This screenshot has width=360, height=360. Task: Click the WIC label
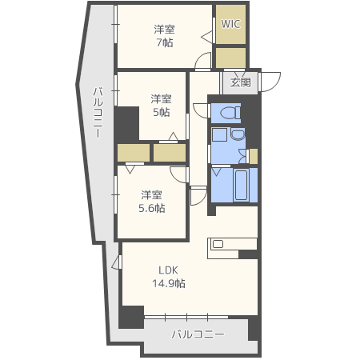(x=230, y=24)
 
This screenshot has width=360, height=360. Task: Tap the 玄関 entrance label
(x=240, y=82)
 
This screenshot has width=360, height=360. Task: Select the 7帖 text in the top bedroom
(x=164, y=42)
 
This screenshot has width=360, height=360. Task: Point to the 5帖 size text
(x=161, y=113)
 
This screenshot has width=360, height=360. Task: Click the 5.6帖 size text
(x=152, y=208)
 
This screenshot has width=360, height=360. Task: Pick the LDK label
(x=168, y=270)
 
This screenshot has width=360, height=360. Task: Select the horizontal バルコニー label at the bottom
(x=198, y=334)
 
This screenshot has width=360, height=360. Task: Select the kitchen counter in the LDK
(x=231, y=246)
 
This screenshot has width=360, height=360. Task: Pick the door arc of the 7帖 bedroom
(x=203, y=62)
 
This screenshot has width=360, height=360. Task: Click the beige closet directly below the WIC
(x=230, y=58)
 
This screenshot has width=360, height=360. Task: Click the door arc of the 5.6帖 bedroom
(x=178, y=175)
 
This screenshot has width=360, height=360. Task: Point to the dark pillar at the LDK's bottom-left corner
(x=131, y=316)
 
